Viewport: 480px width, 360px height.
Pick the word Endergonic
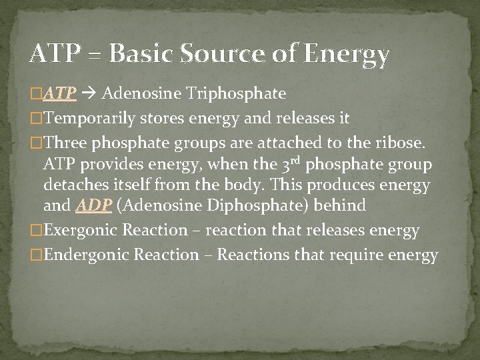tap(89, 255)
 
